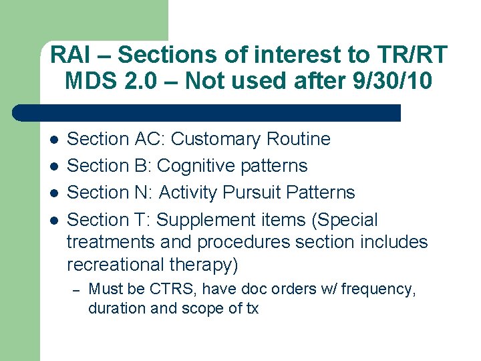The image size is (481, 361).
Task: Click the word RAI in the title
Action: (69, 55)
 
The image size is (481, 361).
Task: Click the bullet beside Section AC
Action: (53, 140)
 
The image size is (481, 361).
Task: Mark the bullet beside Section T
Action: (53, 221)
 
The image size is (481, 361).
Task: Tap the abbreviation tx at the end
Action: (251, 308)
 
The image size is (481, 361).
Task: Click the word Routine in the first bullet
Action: (298, 140)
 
